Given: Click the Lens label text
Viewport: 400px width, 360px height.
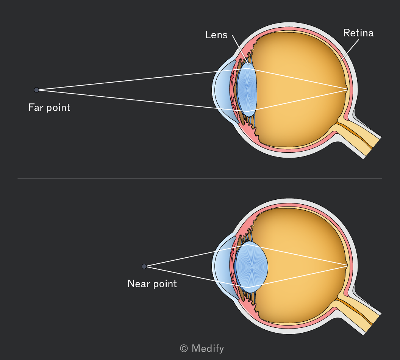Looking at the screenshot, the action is tap(216, 35).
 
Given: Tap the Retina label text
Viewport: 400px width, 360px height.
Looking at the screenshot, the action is tap(358, 33).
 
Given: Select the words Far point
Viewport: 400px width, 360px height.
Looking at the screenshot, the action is tap(49, 108).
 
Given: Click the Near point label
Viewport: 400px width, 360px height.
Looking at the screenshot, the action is tap(152, 284).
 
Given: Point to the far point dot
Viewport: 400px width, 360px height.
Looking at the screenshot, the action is tap(36, 90).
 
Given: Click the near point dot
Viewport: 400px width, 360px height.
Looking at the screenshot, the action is tap(144, 266).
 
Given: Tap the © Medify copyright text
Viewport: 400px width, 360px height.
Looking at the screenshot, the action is tap(202, 349).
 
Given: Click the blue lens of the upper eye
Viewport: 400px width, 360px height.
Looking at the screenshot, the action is tap(247, 90).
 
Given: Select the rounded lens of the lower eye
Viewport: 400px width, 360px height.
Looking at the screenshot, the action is tap(252, 266).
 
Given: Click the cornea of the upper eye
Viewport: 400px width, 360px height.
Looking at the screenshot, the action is tap(219, 90).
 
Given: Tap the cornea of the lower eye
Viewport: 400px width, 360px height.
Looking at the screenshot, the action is tap(219, 266).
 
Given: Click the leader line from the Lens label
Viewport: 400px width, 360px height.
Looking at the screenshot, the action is tap(240, 50).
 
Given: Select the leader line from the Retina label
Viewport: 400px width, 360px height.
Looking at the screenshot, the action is tap(350, 50).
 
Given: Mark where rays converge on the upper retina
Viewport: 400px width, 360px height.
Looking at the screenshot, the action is tap(347, 89).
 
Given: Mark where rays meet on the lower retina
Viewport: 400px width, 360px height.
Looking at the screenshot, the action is tap(347, 266).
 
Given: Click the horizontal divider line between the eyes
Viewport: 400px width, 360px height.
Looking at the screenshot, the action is tap(200, 178).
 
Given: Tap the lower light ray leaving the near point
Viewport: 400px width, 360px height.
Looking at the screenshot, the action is tap(197, 277).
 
